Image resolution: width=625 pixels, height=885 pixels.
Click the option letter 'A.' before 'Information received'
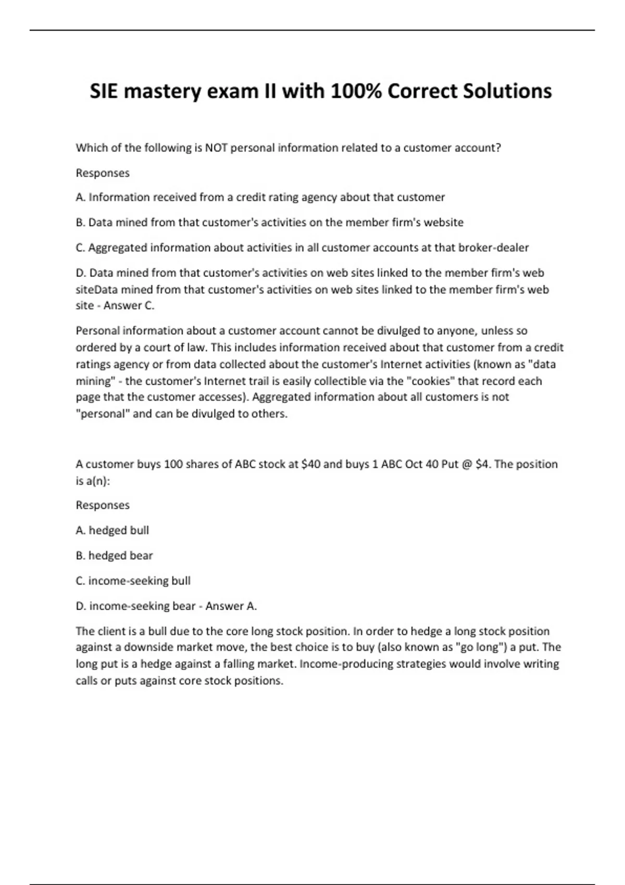coord(81,197)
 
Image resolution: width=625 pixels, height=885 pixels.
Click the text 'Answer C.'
coord(129,306)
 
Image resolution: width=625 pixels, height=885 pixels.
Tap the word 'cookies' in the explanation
coord(430,381)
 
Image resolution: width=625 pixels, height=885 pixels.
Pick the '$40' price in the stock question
coord(311,464)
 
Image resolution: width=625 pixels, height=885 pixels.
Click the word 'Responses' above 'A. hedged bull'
coord(103,505)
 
